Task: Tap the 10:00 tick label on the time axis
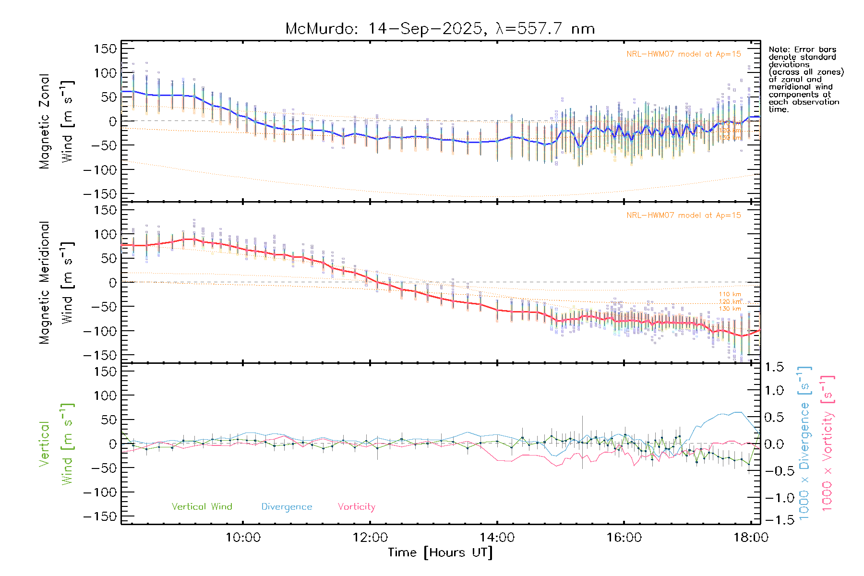[243, 538]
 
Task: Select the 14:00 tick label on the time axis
[497, 538]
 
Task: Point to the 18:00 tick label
[751, 538]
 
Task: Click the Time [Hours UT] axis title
[440, 553]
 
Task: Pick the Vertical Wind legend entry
[202, 507]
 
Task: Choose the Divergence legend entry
[287, 507]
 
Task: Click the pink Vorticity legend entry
[356, 507]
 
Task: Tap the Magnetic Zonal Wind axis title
[56, 121]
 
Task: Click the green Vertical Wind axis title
[56, 444]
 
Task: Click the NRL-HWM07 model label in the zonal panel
[684, 54]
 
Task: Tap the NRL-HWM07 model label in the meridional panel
[684, 216]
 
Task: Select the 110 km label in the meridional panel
[730, 294]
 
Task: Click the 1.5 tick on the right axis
[774, 367]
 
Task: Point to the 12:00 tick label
[370, 538]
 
